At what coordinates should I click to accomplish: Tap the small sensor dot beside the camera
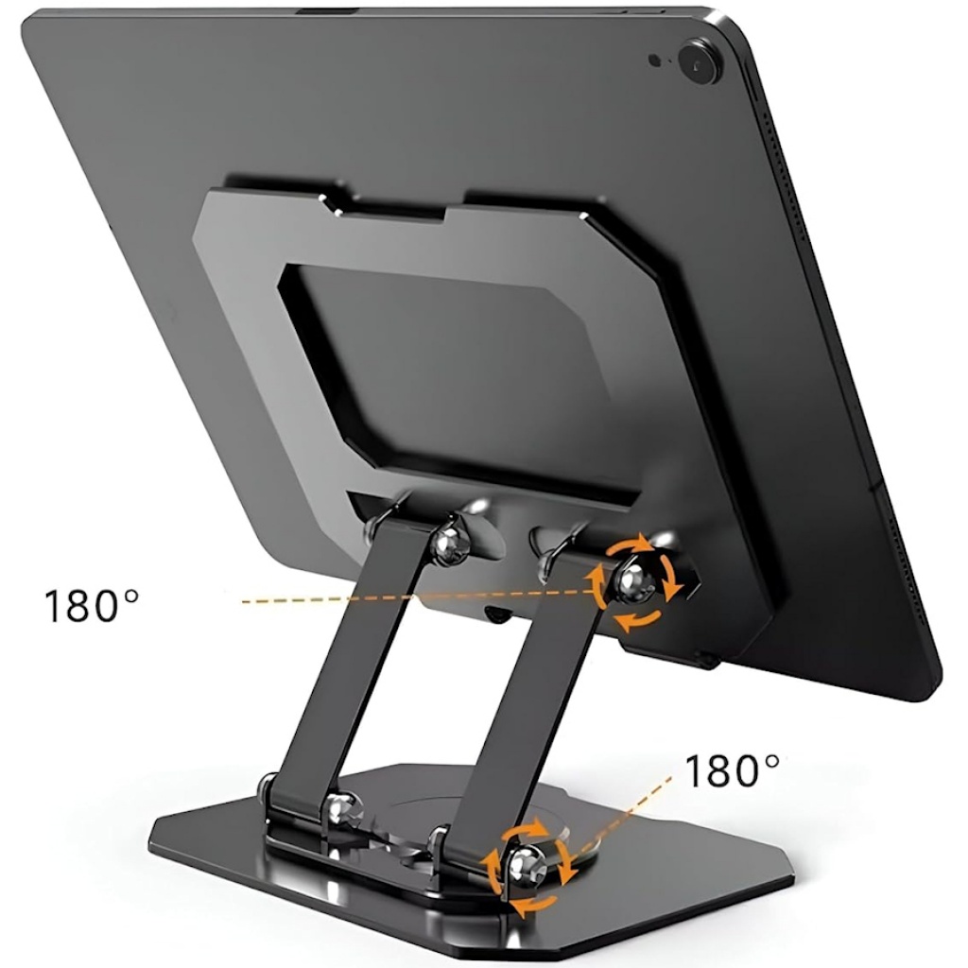click(656, 60)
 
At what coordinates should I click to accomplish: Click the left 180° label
click(92, 606)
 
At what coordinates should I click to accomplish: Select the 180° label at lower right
click(733, 770)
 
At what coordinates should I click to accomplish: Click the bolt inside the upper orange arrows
click(631, 583)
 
